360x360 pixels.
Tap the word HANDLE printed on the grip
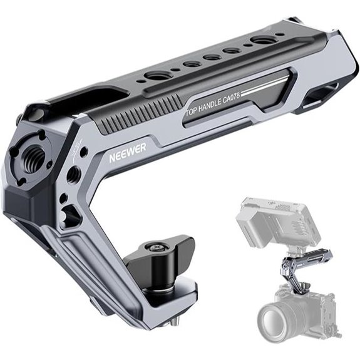pyautogui.click(x=211, y=106)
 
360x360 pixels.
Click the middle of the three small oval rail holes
pyautogui.click(x=212, y=57)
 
